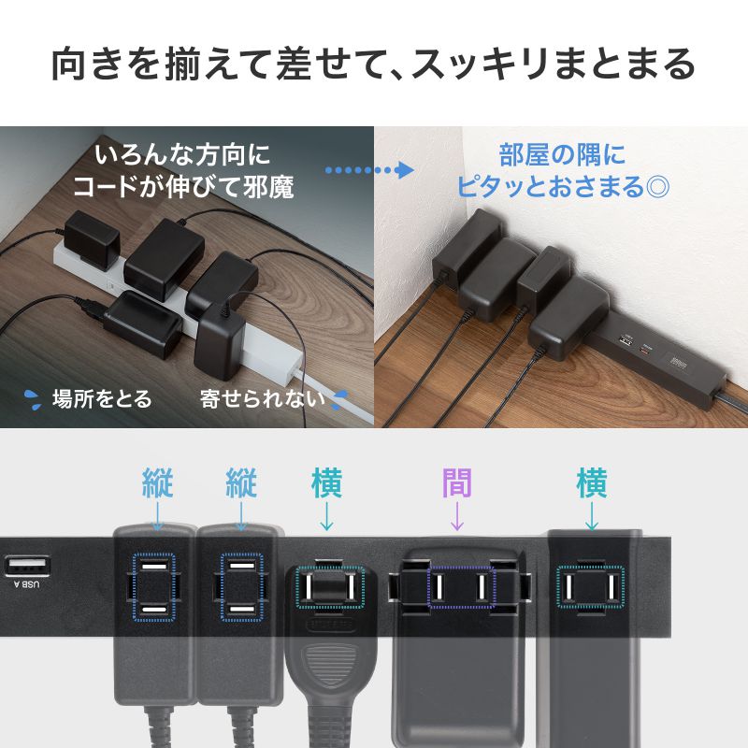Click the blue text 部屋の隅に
(561, 153)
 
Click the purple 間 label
(456, 483)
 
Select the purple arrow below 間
(456, 516)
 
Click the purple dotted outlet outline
(460, 586)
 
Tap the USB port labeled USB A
(25, 567)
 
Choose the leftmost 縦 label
(157, 483)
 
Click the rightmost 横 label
(591, 483)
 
